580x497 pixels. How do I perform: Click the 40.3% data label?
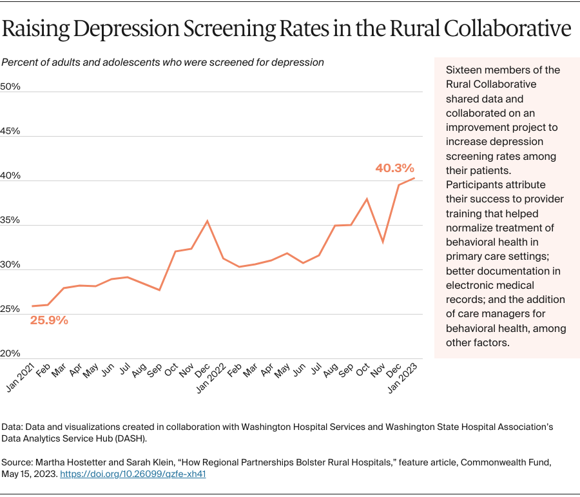pyautogui.click(x=394, y=168)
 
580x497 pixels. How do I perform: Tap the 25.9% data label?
pyautogui.click(x=49, y=320)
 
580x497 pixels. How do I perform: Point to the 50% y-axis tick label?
pyautogui.click(x=10, y=86)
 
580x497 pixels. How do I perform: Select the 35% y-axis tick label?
pyautogui.click(x=10, y=220)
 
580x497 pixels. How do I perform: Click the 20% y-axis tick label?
pyautogui.click(x=10, y=353)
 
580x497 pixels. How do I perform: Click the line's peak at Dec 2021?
pyautogui.click(x=206, y=221)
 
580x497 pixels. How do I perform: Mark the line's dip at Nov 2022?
pyautogui.click(x=383, y=242)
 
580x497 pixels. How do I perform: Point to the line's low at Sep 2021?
pyautogui.click(x=159, y=290)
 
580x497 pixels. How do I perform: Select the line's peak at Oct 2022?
pyautogui.click(x=367, y=199)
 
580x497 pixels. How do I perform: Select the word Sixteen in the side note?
pyautogui.click(x=465, y=70)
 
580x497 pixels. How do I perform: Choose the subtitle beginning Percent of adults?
pyautogui.click(x=162, y=63)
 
